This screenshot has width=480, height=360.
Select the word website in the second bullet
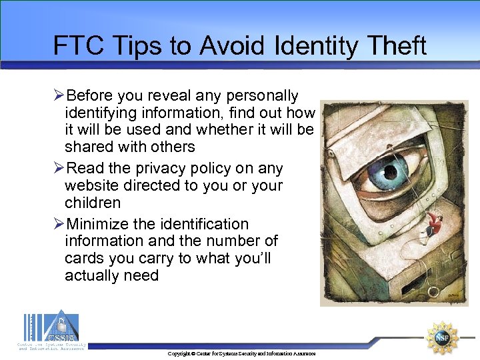91,185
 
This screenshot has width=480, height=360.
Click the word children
93,203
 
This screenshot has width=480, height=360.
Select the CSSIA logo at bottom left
52,330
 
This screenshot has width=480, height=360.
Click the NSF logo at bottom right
443,338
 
